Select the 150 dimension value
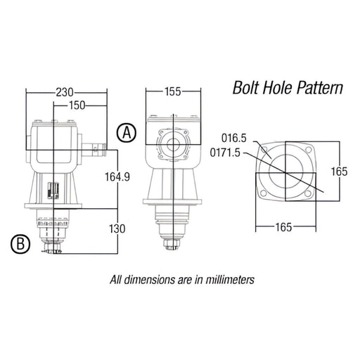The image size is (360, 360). tap(78, 105)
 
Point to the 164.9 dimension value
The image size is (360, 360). tap(117, 176)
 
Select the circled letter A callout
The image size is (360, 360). tap(125, 132)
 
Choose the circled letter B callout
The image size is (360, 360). tap(20, 244)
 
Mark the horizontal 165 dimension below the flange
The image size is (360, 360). tap(275, 228)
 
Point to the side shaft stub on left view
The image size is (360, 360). tap(99, 150)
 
